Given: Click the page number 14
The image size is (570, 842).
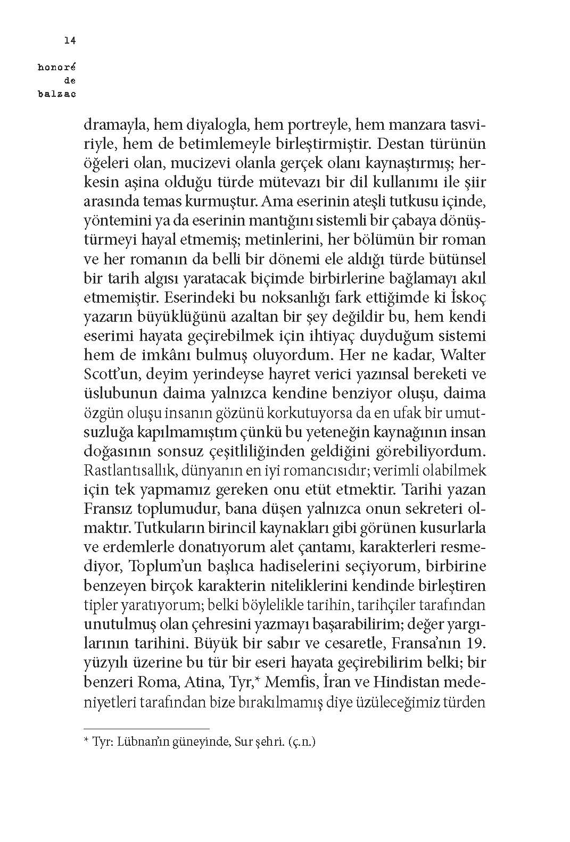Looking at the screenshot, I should point(69,40).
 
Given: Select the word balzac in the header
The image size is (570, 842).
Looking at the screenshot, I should point(58,95).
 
